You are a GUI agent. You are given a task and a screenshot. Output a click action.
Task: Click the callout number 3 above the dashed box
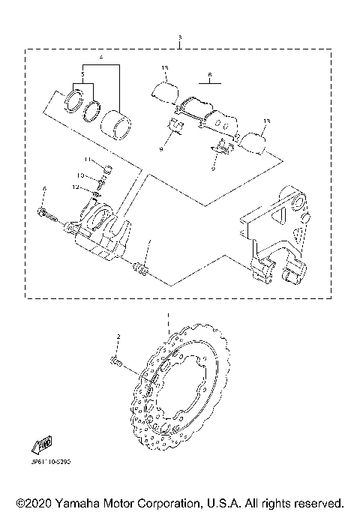click(180, 37)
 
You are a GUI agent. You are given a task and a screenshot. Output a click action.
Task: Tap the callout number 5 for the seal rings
click(82, 75)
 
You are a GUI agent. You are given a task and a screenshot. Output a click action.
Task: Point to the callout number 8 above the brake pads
click(211, 75)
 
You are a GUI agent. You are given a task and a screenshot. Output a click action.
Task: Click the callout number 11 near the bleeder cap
click(87, 160)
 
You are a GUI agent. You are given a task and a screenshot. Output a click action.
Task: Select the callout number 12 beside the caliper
click(76, 187)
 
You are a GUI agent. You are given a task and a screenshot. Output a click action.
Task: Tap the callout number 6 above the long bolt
click(44, 187)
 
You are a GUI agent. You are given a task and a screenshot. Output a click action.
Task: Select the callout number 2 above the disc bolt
click(118, 337)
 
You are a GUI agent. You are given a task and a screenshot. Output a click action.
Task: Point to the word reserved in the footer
click(318, 502)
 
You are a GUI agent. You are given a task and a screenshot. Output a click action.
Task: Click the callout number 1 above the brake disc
click(169, 316)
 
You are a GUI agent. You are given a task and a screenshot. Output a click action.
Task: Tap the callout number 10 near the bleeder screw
click(80, 175)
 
